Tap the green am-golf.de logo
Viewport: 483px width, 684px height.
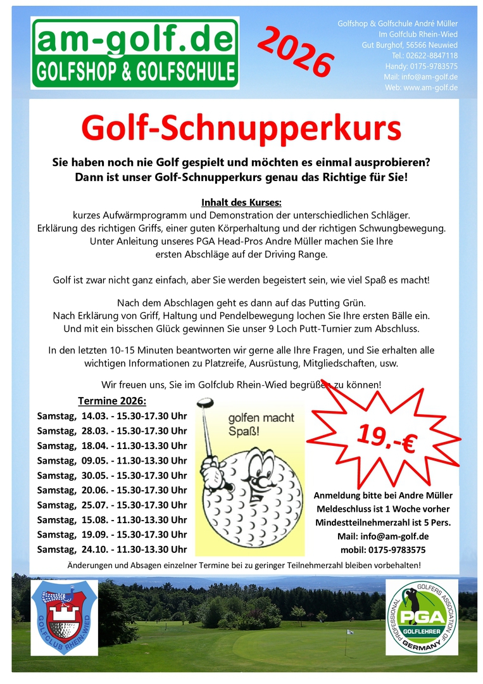(135, 53)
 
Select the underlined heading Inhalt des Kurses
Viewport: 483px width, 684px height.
(241, 203)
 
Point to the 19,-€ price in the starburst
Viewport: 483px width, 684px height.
(386, 438)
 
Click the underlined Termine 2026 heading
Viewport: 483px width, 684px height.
(112, 401)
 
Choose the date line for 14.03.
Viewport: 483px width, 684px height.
(112, 415)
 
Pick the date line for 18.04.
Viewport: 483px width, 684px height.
(112, 445)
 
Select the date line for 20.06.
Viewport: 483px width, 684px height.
(112, 490)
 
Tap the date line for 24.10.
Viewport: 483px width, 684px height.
(112, 549)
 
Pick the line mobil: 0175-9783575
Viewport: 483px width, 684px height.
(384, 550)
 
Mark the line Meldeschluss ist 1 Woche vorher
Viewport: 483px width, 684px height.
(384, 509)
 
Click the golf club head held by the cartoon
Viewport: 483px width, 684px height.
(204, 403)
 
